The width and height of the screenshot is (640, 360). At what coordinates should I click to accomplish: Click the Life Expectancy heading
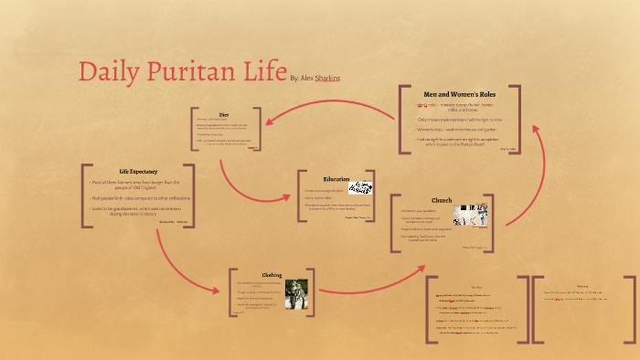(x=138, y=172)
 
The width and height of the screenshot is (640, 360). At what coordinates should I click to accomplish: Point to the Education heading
(x=336, y=178)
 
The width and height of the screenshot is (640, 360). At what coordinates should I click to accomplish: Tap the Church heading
(x=442, y=200)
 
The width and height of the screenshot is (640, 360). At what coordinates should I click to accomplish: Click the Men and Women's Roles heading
(x=460, y=93)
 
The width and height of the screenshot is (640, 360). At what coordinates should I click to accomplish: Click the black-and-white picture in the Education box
(x=361, y=188)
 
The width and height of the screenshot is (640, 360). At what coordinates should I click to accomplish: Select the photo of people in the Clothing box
(x=294, y=294)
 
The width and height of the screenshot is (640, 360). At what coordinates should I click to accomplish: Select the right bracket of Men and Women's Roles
(x=518, y=118)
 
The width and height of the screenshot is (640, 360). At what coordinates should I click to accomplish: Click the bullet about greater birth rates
(x=138, y=197)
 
